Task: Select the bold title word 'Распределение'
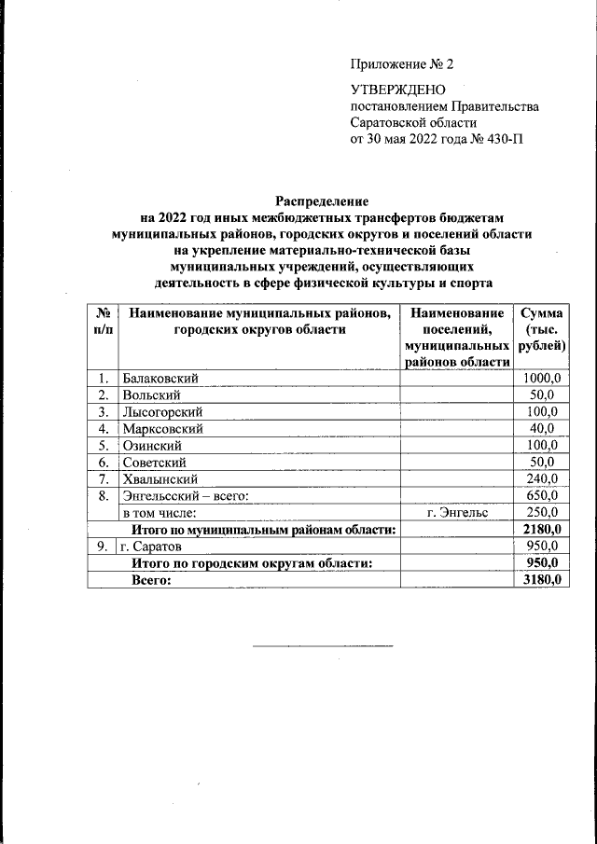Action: tap(322, 201)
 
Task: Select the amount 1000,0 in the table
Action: tap(541, 378)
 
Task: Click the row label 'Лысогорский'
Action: tap(162, 411)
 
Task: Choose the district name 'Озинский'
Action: tap(150, 445)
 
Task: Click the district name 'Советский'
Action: tap(154, 462)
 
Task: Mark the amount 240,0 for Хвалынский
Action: tap(541, 478)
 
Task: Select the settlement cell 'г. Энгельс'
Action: tap(457, 512)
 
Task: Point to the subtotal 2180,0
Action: tap(541, 529)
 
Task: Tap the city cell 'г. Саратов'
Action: tap(151, 546)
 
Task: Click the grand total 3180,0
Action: tap(541, 579)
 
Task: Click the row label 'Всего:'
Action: tap(152, 579)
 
